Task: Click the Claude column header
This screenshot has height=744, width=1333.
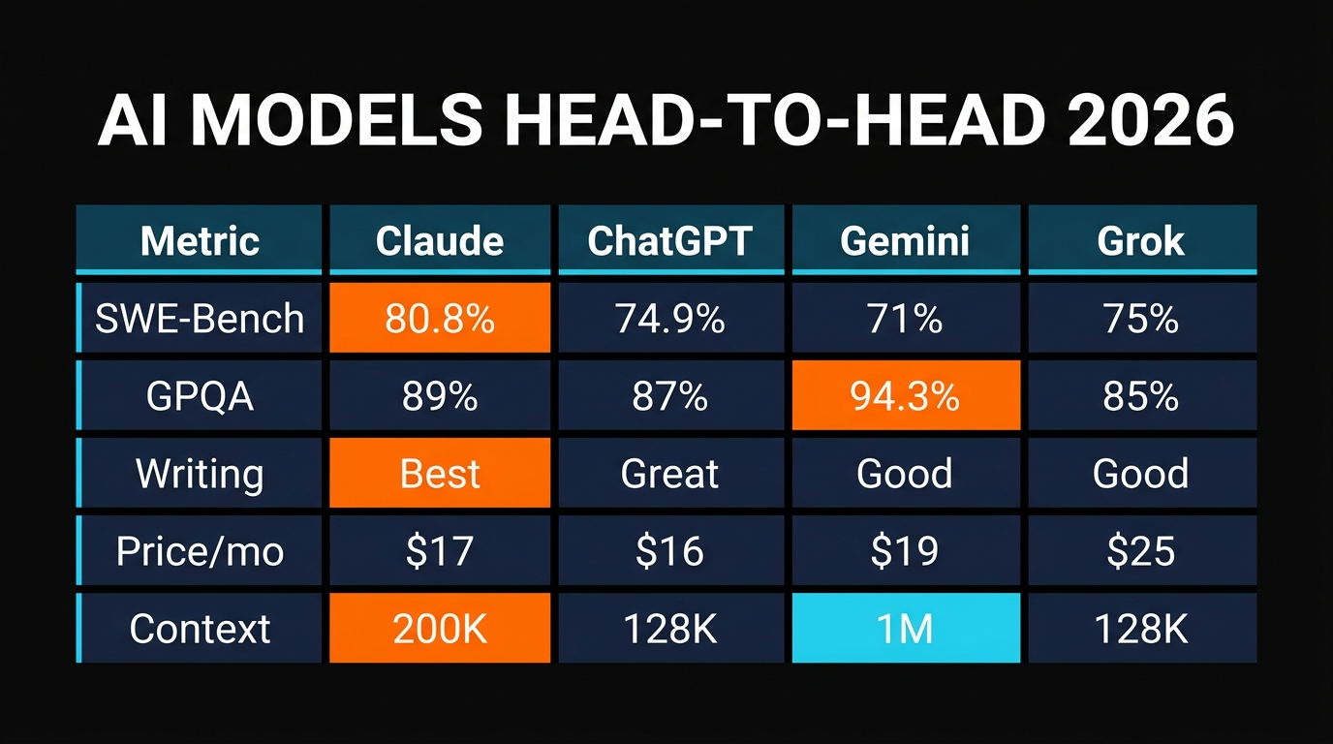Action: point(440,240)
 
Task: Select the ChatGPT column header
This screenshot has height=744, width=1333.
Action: point(670,240)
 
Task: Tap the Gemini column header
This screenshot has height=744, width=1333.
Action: point(905,240)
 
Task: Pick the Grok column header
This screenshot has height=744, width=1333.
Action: point(1141,240)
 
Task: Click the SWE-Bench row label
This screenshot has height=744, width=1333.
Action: point(200,318)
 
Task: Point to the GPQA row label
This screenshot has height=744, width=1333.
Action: point(200,395)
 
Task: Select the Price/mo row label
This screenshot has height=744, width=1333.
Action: point(200,551)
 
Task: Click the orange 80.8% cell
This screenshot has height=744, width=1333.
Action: point(440,318)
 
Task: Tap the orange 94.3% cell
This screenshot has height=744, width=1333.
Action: point(905,395)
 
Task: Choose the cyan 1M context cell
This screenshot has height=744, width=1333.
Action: point(905,629)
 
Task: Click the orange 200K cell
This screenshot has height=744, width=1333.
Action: point(440,629)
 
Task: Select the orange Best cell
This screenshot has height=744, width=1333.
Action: point(440,473)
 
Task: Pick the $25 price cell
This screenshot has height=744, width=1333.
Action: point(1141,551)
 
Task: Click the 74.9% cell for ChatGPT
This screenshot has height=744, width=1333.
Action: point(670,318)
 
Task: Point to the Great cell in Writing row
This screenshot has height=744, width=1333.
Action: point(670,473)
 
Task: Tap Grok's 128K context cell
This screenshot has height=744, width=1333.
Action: point(1141,629)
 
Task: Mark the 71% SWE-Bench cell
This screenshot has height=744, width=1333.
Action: point(905,318)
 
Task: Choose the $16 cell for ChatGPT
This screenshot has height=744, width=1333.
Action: point(670,551)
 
